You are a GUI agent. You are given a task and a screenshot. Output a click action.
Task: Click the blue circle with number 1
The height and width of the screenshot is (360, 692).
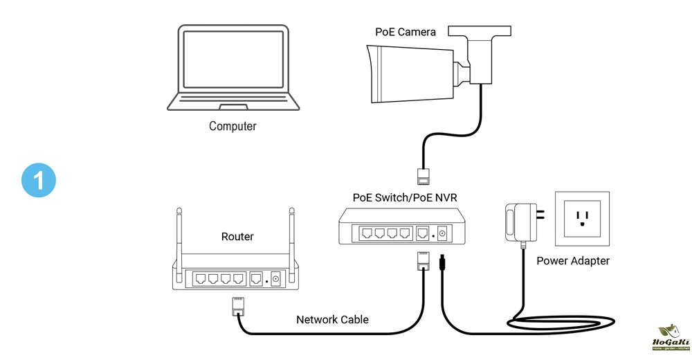click(x=39, y=180)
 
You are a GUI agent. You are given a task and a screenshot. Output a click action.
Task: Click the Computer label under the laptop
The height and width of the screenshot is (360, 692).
click(x=233, y=127)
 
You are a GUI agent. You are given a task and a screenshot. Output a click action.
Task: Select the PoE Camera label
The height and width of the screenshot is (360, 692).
click(x=406, y=32)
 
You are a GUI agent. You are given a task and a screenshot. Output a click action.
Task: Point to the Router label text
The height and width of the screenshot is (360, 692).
click(x=237, y=237)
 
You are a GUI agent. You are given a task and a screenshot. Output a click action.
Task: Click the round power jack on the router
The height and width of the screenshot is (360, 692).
click(x=275, y=279)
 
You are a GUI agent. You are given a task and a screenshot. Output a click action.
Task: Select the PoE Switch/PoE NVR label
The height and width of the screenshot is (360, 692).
click(x=405, y=198)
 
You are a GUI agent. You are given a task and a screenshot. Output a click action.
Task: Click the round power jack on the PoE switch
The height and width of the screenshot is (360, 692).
click(x=441, y=233)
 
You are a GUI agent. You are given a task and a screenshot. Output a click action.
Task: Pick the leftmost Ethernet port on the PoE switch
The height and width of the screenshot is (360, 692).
click(x=363, y=233)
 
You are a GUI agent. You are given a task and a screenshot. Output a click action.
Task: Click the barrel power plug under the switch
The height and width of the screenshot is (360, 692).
click(x=441, y=264)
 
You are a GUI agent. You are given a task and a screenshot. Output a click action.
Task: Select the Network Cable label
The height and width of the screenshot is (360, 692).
click(x=332, y=320)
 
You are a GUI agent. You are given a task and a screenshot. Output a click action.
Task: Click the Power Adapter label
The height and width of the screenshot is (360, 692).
click(x=573, y=261)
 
